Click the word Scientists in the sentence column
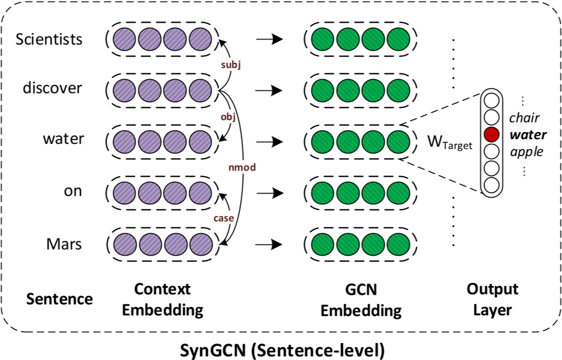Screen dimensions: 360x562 (x=49, y=39)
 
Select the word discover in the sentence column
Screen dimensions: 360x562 (x=52, y=88)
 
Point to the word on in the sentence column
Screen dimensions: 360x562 (x=72, y=191)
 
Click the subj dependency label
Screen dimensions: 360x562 (x=230, y=65)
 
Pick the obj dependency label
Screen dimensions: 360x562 (x=228, y=116)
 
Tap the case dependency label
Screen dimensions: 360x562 (x=223, y=218)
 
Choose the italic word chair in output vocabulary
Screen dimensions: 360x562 (x=524, y=118)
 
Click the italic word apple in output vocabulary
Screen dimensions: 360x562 (x=526, y=152)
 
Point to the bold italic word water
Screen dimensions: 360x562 (x=528, y=135)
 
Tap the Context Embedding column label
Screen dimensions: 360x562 (x=169, y=300)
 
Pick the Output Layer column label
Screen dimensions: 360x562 (x=493, y=300)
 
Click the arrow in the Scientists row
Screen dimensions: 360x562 (x=269, y=39)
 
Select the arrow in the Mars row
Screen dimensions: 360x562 (x=269, y=243)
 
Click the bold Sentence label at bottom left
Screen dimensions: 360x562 (x=60, y=299)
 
